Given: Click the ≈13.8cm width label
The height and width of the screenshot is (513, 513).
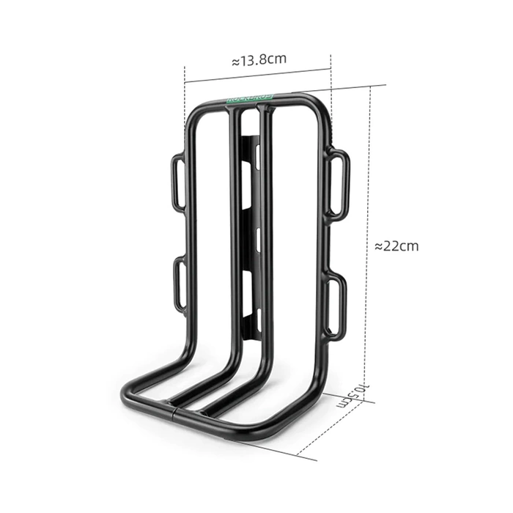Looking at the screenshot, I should point(259,60).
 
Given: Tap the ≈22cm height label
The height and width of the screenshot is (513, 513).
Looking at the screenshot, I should point(396,246).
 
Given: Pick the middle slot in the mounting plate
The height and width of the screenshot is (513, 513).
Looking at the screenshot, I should point(257,235).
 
